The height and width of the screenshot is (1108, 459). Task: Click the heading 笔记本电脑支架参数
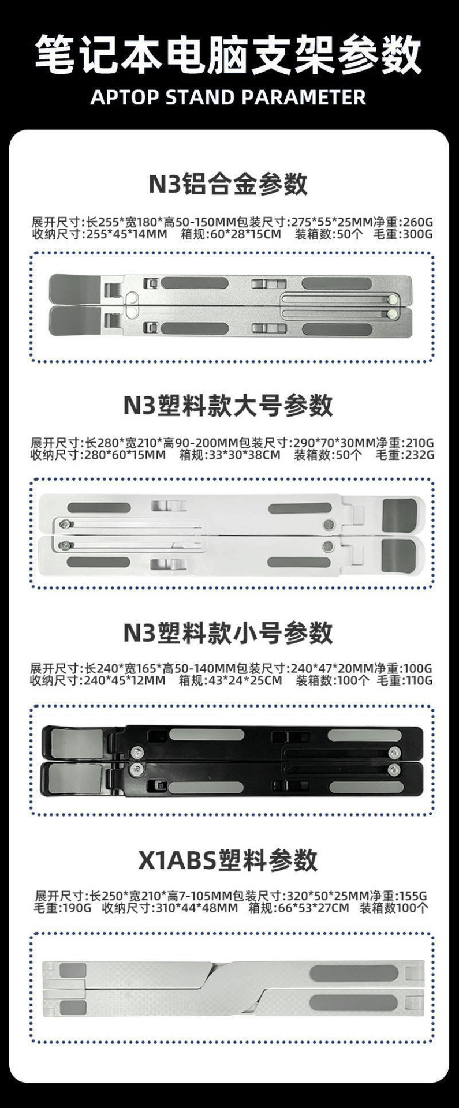pyautogui.click(x=229, y=55)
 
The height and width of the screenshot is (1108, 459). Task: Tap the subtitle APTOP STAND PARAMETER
pyautogui.click(x=229, y=97)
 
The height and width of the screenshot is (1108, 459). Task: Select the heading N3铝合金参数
pyautogui.click(x=229, y=184)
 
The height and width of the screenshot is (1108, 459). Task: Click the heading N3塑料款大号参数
pyautogui.click(x=229, y=405)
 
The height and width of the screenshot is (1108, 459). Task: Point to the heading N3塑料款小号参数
pyautogui.click(x=229, y=632)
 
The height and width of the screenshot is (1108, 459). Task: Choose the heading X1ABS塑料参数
pyautogui.click(x=229, y=860)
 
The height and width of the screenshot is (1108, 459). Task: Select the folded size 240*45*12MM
pyautogui.click(x=125, y=680)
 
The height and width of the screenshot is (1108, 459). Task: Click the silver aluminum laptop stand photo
pyautogui.click(x=232, y=306)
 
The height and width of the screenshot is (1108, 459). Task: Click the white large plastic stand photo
pyautogui.click(x=232, y=534)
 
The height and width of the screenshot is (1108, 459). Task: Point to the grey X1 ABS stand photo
pyautogui.click(x=233, y=989)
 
